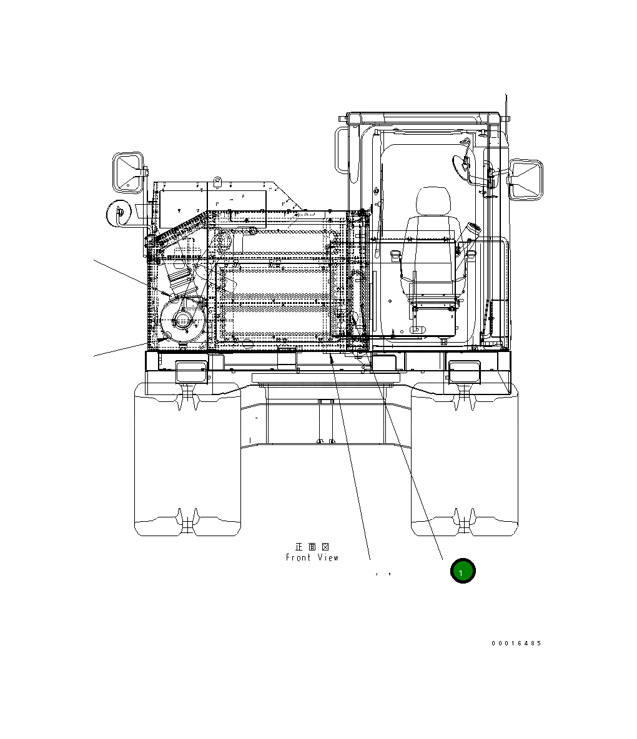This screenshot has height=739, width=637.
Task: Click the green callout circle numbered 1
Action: click(x=463, y=571)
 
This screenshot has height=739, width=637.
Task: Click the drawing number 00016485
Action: click(x=516, y=643)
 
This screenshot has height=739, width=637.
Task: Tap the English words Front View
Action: click(x=312, y=557)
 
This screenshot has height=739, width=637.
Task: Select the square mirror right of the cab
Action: click(x=526, y=179)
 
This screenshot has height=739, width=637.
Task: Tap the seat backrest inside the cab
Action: click(x=431, y=243)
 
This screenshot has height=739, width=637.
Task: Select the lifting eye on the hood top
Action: click(x=218, y=182)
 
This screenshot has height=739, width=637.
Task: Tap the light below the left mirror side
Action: click(x=190, y=371)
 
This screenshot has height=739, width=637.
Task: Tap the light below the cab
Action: click(x=463, y=371)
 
